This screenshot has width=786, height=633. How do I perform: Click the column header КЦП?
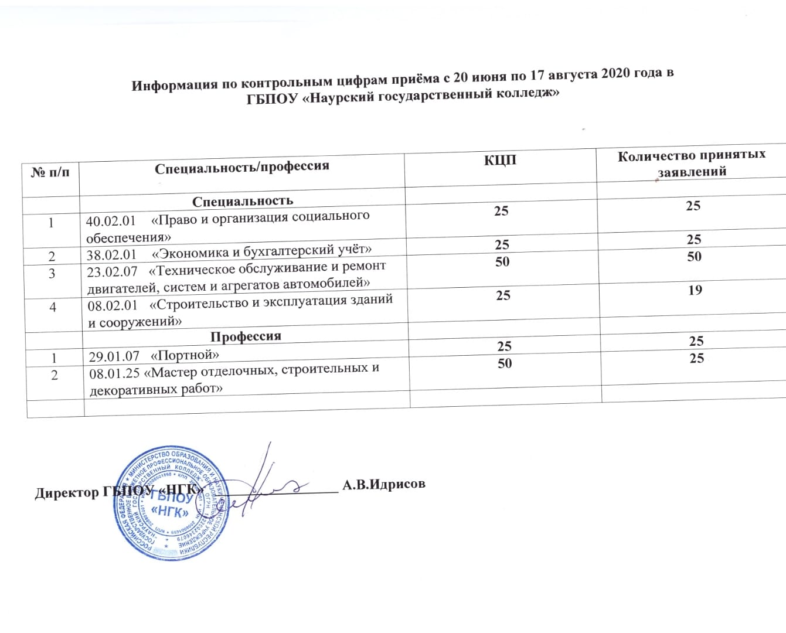pyautogui.click(x=500, y=159)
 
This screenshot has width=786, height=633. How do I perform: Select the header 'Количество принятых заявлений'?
pyautogui.click(x=692, y=163)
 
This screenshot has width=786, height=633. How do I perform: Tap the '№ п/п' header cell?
pyautogui.click(x=50, y=172)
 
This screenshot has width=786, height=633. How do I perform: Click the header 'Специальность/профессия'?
pyautogui.click(x=241, y=167)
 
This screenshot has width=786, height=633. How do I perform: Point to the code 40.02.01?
pyautogui.click(x=111, y=221)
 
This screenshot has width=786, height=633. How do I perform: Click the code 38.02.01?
pyautogui.click(x=111, y=255)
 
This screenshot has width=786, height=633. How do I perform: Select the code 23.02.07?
pyautogui.click(x=112, y=272)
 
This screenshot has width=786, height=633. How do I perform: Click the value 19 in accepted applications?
pyautogui.click(x=695, y=290)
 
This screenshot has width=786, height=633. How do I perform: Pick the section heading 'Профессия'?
pyautogui.click(x=246, y=336)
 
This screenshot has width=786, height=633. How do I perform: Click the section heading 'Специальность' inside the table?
pyautogui.click(x=243, y=201)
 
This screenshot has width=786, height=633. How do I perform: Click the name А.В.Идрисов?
pyautogui.click(x=384, y=484)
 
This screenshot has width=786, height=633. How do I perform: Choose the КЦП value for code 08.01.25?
pyautogui.click(x=505, y=363)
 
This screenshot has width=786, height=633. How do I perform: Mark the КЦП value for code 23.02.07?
pyautogui.click(x=502, y=261)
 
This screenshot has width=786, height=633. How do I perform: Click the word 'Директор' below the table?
pyautogui.click(x=67, y=492)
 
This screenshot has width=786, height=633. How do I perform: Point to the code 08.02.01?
pyautogui.click(x=113, y=306)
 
